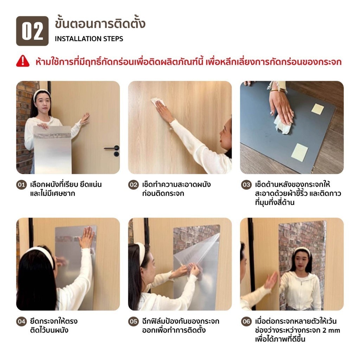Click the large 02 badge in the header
[32, 31]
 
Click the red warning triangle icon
[23, 61]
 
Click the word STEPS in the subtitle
[113, 39]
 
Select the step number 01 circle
[21, 185]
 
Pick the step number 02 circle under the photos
[133, 185]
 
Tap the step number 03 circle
[246, 185]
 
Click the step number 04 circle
[21, 321]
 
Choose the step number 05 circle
[133, 321]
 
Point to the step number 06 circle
[246, 321]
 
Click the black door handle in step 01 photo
[112, 150]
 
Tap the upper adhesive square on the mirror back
[317, 109]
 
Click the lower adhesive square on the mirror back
[300, 153]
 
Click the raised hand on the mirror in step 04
[86, 237]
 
